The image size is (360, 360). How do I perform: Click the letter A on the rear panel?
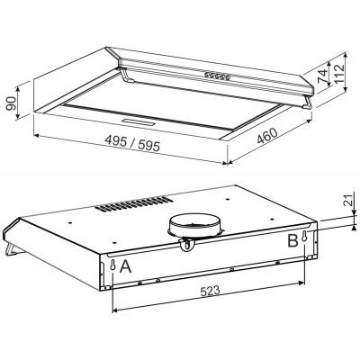(127, 265)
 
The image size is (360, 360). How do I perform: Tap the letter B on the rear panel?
(292, 241)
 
